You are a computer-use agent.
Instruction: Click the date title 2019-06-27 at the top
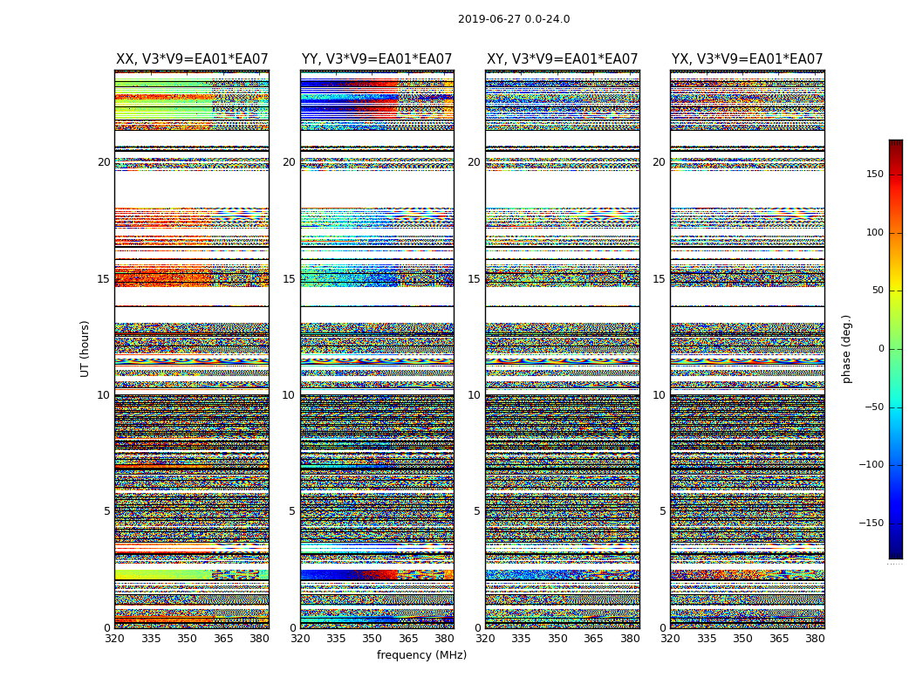point(513,19)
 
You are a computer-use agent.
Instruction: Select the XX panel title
point(192,59)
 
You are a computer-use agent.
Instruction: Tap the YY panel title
point(377,59)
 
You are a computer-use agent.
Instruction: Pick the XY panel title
point(562,59)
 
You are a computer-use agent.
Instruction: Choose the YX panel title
point(747,59)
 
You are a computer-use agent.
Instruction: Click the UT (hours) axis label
point(85,348)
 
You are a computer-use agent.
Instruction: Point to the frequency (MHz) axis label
point(421,655)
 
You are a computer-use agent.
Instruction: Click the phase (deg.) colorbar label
point(847,348)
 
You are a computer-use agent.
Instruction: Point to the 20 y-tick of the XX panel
point(104,162)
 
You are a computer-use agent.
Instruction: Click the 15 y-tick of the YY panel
point(289,279)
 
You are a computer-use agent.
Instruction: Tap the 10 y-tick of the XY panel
point(474,395)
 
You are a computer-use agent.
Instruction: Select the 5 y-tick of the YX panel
point(662,511)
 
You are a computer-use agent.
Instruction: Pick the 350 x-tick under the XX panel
point(187,639)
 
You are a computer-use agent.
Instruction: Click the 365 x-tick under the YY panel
point(408,639)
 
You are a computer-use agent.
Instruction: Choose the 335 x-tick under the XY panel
point(521,639)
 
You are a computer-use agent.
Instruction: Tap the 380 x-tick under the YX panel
point(815,639)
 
